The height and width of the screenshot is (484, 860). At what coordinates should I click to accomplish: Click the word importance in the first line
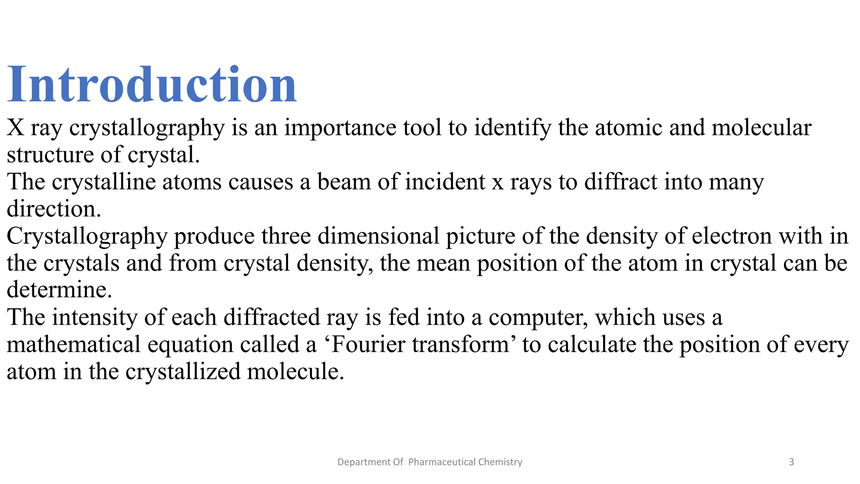[340, 128]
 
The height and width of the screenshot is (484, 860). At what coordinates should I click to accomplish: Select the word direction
[53, 209]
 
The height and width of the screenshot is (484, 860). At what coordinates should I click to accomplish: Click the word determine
[59, 290]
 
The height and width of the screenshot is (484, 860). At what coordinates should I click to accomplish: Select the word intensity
[94, 317]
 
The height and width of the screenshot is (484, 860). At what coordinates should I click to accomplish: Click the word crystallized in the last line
[183, 372]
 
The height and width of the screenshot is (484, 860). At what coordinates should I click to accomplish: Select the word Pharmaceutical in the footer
[442, 462]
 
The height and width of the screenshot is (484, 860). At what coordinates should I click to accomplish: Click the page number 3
[792, 462]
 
